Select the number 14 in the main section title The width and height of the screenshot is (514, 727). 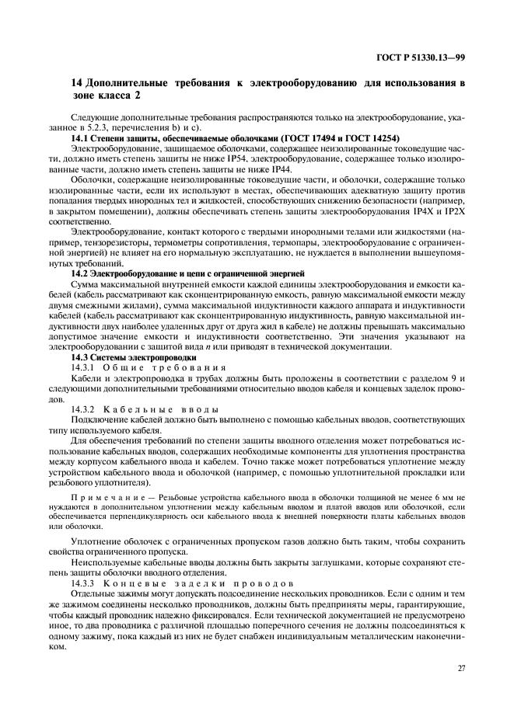(x=76, y=82)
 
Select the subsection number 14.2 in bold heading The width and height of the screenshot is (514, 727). (x=80, y=274)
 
